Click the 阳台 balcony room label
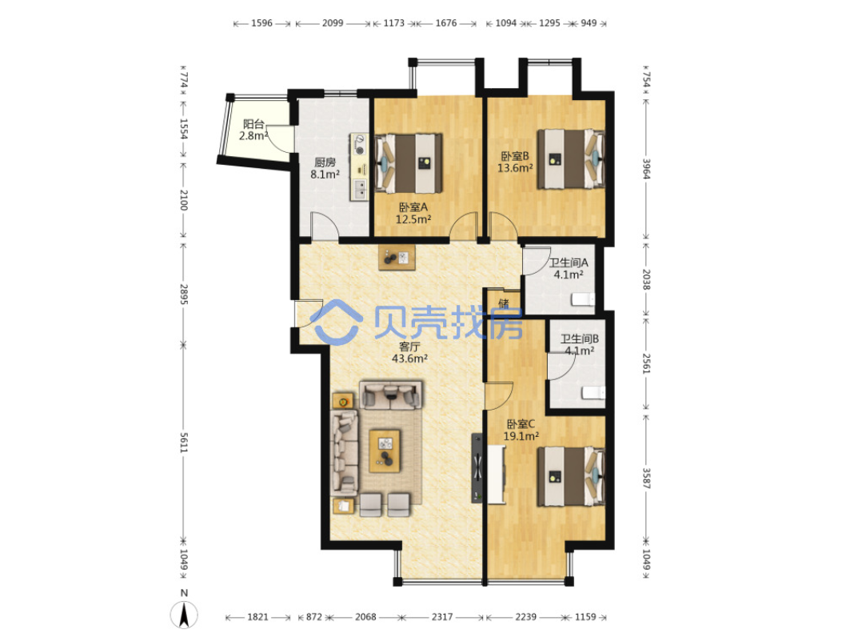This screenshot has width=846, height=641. coord(253,124)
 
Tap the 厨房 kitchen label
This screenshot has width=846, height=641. coord(325,162)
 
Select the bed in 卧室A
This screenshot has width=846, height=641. coord(409,163)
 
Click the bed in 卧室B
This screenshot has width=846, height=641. coord(571,158)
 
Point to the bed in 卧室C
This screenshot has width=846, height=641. coord(571,476)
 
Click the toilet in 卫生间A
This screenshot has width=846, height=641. coord(583,299)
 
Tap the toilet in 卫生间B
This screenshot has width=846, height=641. coord(593,393)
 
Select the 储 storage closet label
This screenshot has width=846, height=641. coord(504,303)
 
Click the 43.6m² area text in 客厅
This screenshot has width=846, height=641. coord(410,359)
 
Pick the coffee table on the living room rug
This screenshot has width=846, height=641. coord(385,451)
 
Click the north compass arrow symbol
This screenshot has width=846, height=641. coord(184,615)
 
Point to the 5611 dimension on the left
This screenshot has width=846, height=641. coord(183,443)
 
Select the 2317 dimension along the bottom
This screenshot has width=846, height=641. coord(442,617)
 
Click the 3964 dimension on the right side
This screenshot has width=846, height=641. coord(646,169)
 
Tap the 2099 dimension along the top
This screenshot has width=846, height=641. coord(333,23)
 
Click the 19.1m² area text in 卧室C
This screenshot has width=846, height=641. coord(521,436)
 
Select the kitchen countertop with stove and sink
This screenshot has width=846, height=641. coord(359,167)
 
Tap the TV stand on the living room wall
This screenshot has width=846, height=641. coord(477,467)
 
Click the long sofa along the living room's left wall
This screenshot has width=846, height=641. coord(344,453)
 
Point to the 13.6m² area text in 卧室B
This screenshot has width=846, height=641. coord(515,168)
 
